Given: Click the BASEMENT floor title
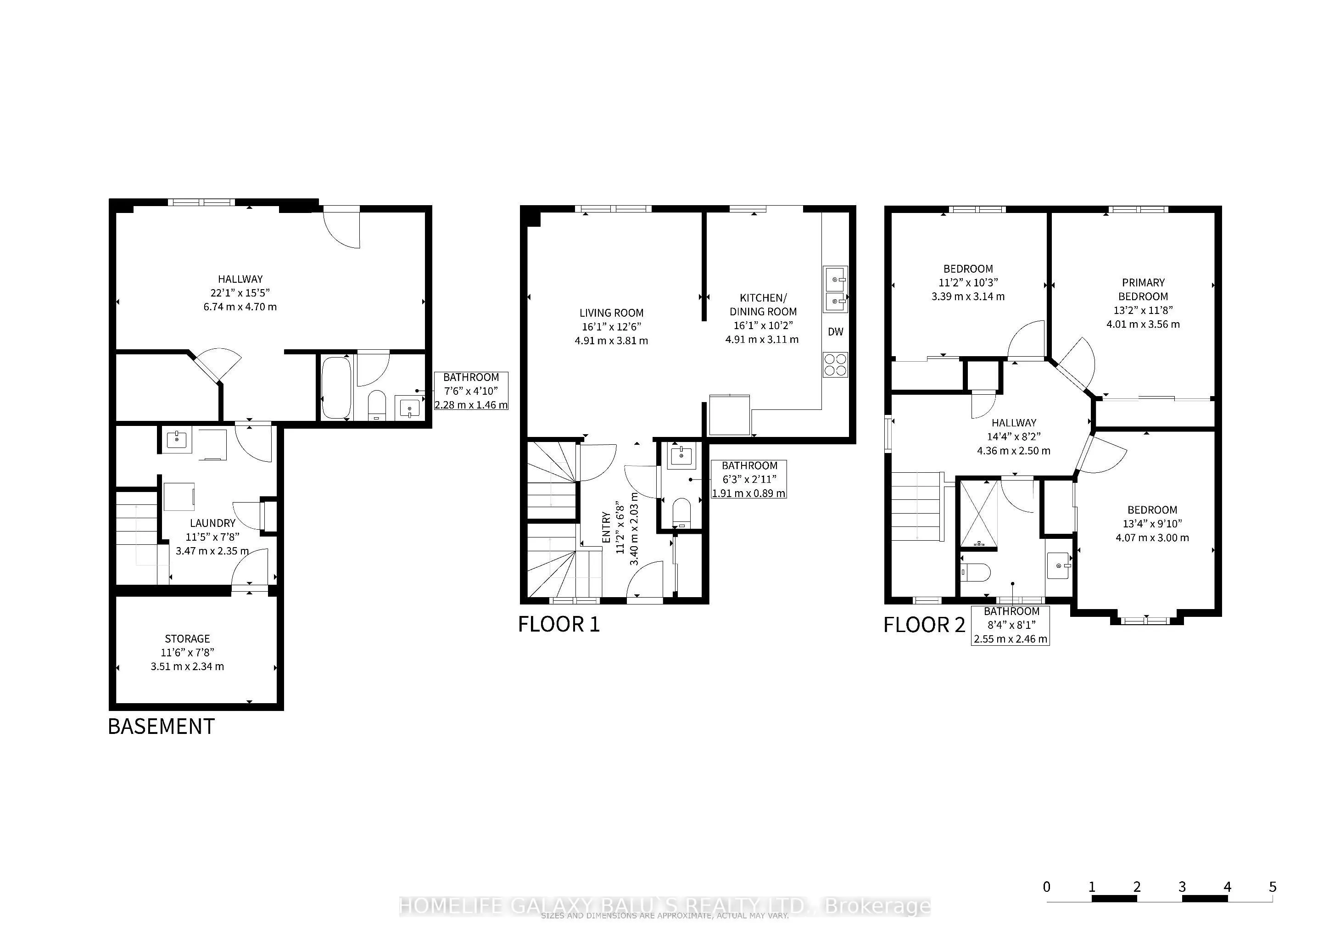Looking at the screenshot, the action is [x=161, y=727].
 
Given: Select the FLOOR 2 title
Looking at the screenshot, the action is [x=924, y=625].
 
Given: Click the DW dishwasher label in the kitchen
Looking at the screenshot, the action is [x=835, y=332].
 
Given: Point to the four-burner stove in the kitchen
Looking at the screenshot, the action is [x=835, y=364].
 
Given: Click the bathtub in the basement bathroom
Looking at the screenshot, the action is [x=336, y=388].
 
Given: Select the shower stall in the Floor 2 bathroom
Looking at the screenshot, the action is [x=979, y=514].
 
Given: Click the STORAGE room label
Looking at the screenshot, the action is [x=187, y=639].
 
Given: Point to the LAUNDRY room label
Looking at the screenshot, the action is [x=212, y=523].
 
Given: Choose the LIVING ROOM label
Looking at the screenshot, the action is [x=611, y=313].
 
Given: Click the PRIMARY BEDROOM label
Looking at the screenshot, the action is [x=1143, y=290].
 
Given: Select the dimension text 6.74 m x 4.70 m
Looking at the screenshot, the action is [x=240, y=307].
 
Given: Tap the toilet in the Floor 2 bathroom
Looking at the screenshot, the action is [x=975, y=572].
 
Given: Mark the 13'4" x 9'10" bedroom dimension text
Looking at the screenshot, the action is [x=1152, y=524].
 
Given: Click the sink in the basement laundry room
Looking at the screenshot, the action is [x=175, y=440].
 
